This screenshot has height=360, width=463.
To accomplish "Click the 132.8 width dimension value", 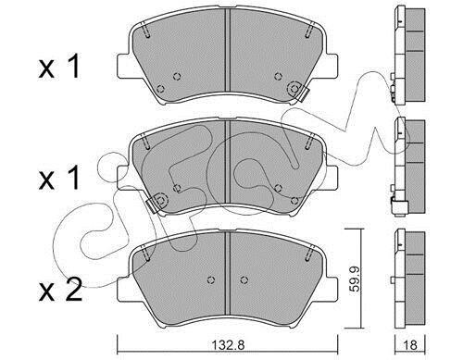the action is [229, 344].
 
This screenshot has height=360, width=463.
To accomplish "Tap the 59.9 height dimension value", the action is [356, 279].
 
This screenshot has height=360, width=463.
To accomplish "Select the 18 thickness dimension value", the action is [410, 344].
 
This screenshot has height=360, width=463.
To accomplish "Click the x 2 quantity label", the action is [60, 290].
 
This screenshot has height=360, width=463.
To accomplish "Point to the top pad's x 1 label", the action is [59, 66].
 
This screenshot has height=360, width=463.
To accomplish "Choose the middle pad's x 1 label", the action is [59, 178].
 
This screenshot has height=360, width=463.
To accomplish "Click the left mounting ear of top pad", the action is [123, 66].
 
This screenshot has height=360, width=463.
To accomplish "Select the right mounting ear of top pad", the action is [332, 66].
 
